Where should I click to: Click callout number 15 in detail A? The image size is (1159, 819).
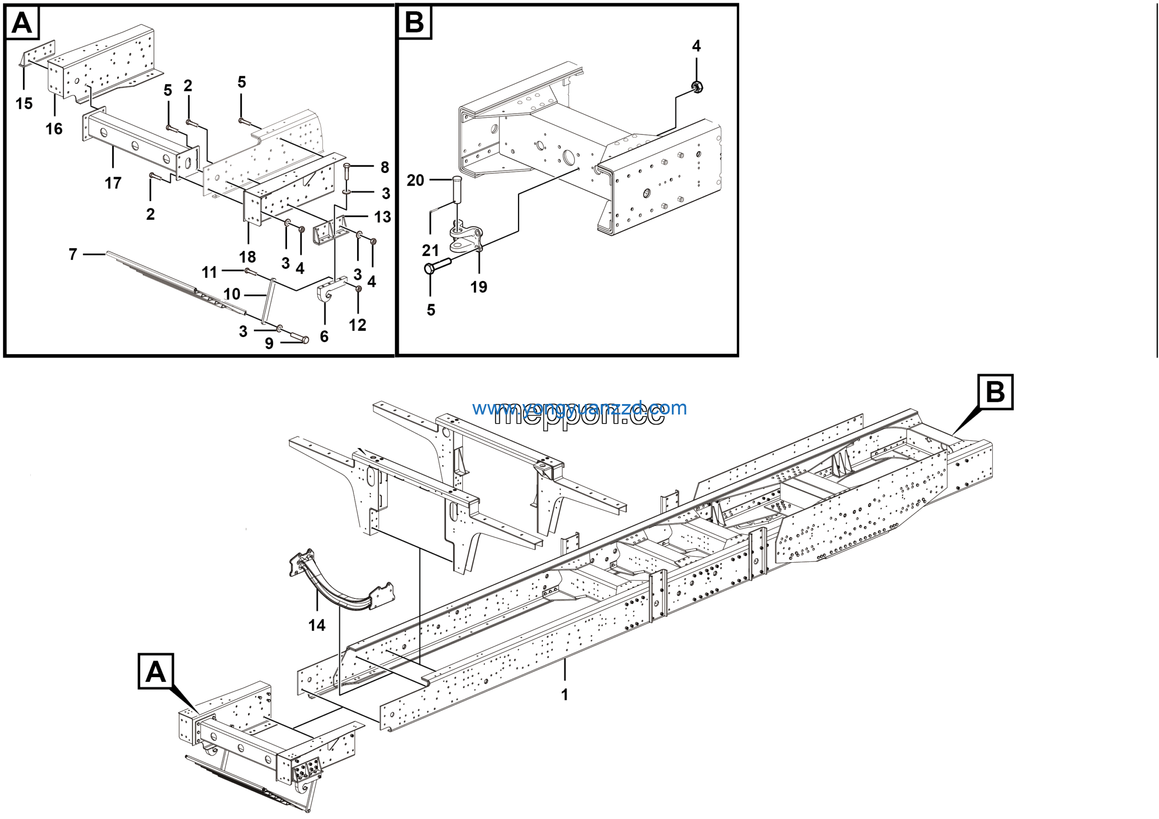pyautogui.click(x=24, y=104)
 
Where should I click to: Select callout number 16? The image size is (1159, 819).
pyautogui.click(x=54, y=129)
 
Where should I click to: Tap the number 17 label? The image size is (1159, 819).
pyautogui.click(x=113, y=183)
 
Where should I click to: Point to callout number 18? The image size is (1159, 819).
pyautogui.click(x=247, y=257)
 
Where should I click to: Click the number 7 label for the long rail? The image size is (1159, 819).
pyautogui.click(x=73, y=254)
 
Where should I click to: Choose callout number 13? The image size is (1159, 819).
pyautogui.click(x=383, y=217)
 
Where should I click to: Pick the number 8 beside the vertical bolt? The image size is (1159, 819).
pyautogui.click(x=385, y=167)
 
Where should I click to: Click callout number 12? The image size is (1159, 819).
pyautogui.click(x=357, y=325)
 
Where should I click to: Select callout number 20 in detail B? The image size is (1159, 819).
pyautogui.click(x=416, y=180)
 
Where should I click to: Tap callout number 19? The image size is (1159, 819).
pyautogui.click(x=479, y=287)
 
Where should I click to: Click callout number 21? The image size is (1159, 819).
pyautogui.click(x=431, y=250)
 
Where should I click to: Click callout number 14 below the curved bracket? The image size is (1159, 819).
pyautogui.click(x=317, y=625)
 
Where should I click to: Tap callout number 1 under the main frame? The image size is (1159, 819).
pyautogui.click(x=565, y=694)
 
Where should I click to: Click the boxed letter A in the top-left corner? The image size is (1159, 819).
pyautogui.click(x=22, y=23)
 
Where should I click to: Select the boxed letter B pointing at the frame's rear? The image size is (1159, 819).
pyautogui.click(x=995, y=391)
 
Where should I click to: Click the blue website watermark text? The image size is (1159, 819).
pyautogui.click(x=579, y=408)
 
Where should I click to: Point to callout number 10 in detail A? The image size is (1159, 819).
pyautogui.click(x=232, y=294)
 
